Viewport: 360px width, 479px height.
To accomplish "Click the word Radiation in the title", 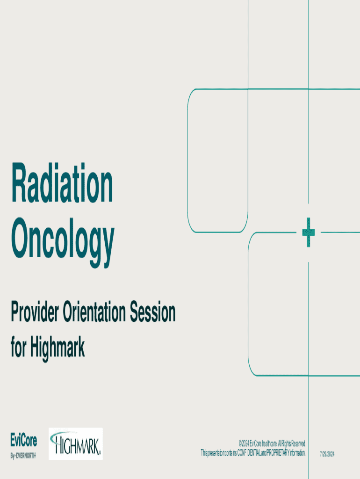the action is coord(62,183).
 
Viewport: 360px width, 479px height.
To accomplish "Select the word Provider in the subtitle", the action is coord(35,312).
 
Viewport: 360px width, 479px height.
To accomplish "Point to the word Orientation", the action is coord(94,312).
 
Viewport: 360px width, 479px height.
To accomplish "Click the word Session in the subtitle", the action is coord(153,312).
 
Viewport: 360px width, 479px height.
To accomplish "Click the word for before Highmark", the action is coord(19,348).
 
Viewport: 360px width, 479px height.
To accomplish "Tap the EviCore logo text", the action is coord(23,441).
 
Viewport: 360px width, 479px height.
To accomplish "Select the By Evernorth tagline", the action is coord(23,456).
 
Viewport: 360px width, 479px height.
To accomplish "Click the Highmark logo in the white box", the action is coord(75,443).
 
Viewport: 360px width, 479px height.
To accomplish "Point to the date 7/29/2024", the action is coord(327,454).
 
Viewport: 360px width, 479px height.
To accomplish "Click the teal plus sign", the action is coord(309,232).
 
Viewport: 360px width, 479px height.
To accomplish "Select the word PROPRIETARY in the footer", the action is coord(278,453).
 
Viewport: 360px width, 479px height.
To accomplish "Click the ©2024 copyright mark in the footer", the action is coord(244,443).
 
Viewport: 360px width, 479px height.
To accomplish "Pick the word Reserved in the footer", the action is coord(299,443).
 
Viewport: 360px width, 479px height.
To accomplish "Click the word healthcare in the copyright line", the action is coord(269,443).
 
